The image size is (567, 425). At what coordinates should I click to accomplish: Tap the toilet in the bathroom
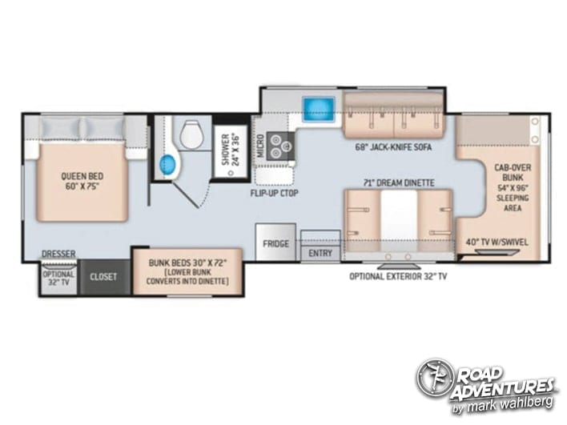192,134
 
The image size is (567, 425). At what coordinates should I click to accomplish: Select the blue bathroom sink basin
167,164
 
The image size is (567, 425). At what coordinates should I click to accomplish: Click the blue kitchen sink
318,109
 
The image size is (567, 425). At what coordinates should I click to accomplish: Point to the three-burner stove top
280,146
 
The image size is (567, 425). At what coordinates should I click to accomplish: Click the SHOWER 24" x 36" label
231,149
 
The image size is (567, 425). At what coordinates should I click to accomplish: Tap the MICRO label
261,146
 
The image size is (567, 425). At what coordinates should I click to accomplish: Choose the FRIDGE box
275,242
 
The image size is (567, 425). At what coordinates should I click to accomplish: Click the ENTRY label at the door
320,254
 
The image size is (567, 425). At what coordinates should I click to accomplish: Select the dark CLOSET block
104,277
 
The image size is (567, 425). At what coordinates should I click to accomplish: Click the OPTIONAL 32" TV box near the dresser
58,279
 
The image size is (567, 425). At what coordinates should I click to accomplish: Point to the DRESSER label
58,254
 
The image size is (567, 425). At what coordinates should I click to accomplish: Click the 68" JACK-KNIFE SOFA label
393,147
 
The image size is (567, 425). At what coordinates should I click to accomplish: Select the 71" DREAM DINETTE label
399,182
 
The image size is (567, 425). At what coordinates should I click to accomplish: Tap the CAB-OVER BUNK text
513,173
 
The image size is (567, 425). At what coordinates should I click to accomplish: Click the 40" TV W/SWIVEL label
497,243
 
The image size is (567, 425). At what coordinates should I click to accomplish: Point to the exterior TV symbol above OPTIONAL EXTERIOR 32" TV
399,267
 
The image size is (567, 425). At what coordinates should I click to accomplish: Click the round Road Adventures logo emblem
434,378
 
